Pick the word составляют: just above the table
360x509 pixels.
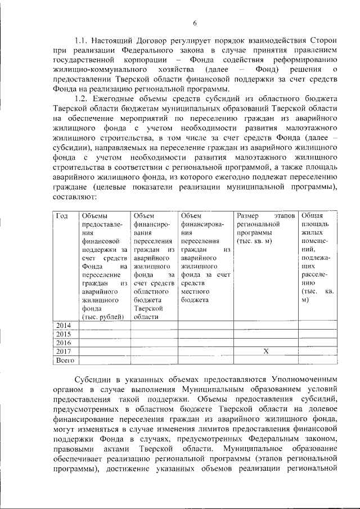pyautogui.click(x=73, y=198)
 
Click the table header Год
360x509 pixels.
pyautogui.click(x=61, y=215)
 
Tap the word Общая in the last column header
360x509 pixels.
pyautogui.click(x=312, y=215)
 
